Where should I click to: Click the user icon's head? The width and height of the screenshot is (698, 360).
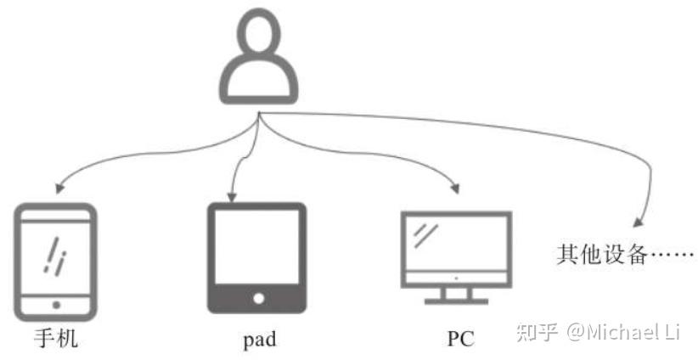(259, 42)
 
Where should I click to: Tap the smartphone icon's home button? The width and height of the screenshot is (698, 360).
(56, 303)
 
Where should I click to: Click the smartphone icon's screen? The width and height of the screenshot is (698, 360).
(56, 254)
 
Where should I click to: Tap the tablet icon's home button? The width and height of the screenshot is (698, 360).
(256, 299)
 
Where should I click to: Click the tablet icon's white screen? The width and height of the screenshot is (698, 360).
(256, 247)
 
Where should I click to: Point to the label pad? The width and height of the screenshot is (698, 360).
(259, 340)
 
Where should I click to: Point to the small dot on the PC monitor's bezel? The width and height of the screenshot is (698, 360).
(456, 278)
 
